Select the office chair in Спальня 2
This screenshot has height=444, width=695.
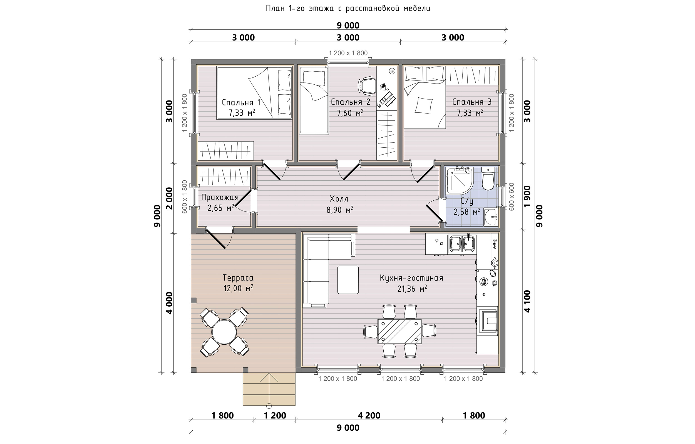[367, 86]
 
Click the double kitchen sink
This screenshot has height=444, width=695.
[462, 244]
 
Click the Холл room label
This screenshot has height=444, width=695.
[339, 199]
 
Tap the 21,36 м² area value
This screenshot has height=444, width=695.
[412, 289]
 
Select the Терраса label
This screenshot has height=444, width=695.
[238, 278]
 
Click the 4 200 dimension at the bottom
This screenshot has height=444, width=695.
[369, 415]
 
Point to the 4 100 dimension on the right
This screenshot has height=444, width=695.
[527, 301]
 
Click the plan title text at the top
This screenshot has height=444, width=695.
[348, 9]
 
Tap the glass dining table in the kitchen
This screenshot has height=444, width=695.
[399, 331]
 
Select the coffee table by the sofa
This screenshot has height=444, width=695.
[348, 280]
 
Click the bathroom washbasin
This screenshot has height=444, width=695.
[491, 216]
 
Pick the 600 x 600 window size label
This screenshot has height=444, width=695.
[511, 197]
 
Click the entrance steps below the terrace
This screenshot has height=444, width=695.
[269, 389]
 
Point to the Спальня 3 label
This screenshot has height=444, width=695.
[472, 102]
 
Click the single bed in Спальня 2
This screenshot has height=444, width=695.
[314, 100]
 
